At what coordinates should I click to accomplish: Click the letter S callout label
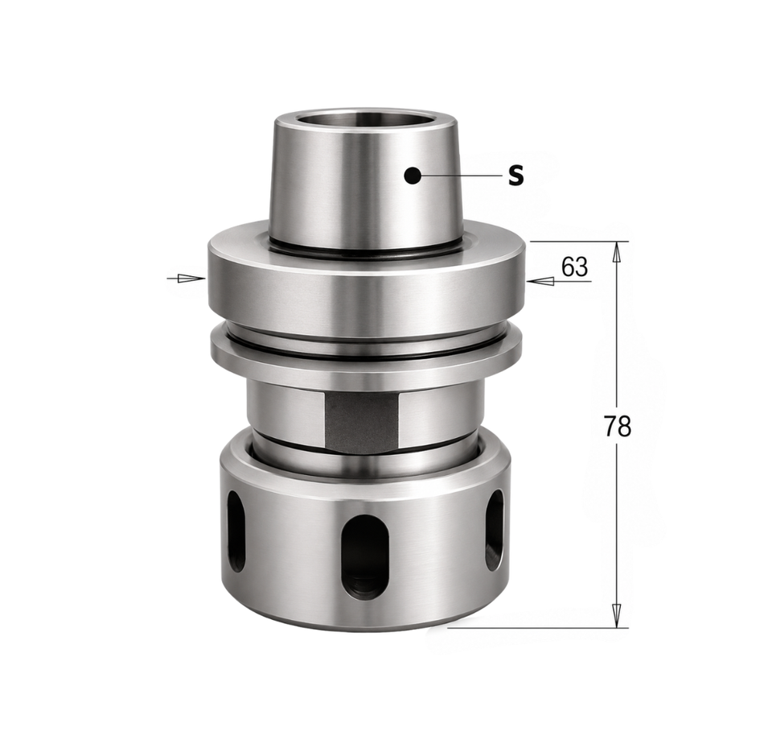[x=515, y=176]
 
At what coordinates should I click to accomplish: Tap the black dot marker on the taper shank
[x=413, y=176]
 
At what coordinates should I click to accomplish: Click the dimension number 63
[x=574, y=267]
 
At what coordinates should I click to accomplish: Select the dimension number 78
[x=618, y=426]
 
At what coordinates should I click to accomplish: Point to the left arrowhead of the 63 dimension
[x=191, y=279]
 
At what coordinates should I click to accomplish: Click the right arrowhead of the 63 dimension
[x=540, y=281]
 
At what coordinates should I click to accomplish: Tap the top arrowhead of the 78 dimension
[x=617, y=254]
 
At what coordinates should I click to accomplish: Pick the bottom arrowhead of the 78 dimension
[x=617, y=616]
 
